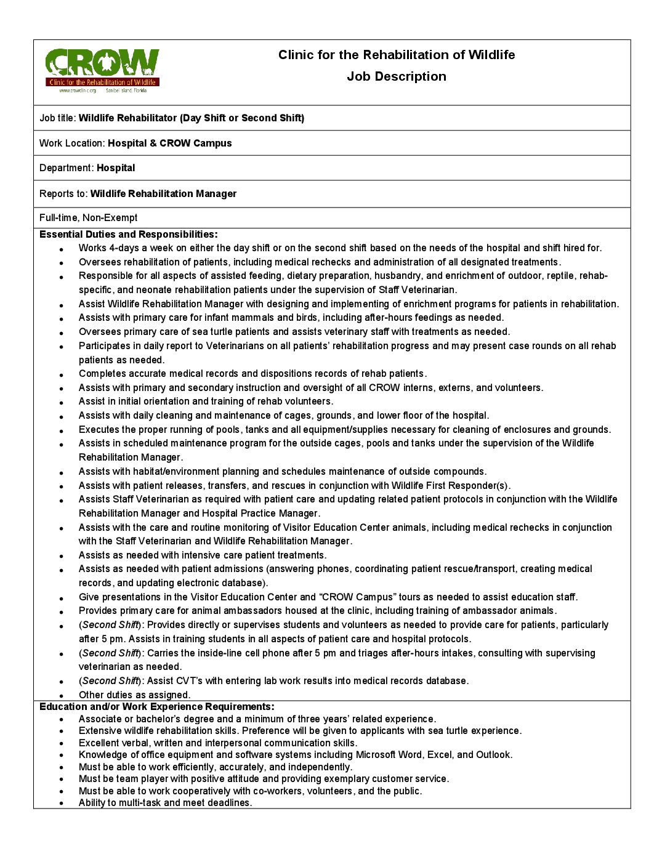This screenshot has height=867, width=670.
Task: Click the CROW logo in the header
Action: [x=102, y=70]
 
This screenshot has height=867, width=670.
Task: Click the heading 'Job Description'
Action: [x=396, y=76]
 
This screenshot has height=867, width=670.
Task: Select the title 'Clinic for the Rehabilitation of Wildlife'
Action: [x=396, y=55]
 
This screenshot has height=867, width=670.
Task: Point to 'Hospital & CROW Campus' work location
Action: [x=169, y=143]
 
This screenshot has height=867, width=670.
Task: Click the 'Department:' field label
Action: [x=67, y=168]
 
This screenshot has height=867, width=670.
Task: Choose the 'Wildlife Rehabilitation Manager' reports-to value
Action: [x=163, y=194]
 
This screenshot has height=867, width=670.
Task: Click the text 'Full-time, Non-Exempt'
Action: [x=88, y=218]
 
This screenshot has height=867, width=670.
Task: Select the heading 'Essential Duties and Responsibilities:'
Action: [x=128, y=235]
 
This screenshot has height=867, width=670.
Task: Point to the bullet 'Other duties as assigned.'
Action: [x=134, y=695]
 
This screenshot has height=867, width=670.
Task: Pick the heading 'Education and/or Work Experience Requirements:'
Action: [x=156, y=707]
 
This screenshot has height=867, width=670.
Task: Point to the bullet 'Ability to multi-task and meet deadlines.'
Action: [x=165, y=803]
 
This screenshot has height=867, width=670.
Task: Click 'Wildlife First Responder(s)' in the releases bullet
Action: [x=450, y=486]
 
